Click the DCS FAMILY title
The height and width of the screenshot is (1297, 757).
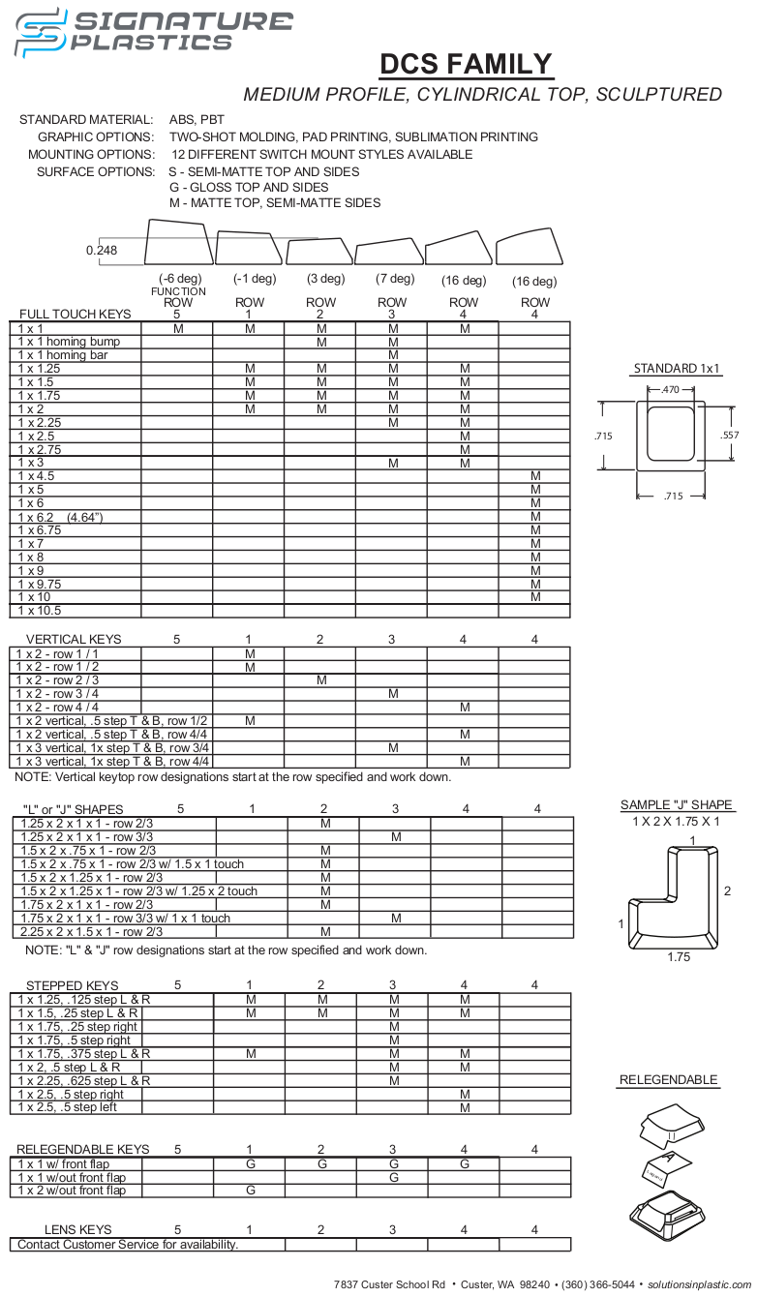[x=466, y=64]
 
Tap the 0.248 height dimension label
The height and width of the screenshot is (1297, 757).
[x=102, y=250]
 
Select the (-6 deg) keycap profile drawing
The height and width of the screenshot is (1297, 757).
[x=178, y=242]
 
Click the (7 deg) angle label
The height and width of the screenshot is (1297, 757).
[x=395, y=279]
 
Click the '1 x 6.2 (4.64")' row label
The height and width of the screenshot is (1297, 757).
[x=60, y=517]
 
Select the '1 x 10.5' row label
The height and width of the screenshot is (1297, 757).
[x=40, y=611]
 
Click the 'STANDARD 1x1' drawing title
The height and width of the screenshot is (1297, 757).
[x=678, y=368]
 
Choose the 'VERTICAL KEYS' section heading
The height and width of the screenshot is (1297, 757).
[x=74, y=639]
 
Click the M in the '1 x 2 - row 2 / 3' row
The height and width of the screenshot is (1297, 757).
[x=321, y=680]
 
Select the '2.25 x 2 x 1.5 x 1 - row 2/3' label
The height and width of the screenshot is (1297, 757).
[x=92, y=931]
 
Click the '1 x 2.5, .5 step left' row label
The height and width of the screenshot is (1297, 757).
[x=68, y=1107]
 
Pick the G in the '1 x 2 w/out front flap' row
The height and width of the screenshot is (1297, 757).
[x=251, y=1191]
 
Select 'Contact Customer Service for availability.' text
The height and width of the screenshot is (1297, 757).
[x=128, y=1244]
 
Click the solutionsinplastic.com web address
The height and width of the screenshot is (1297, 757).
[x=699, y=1283]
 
